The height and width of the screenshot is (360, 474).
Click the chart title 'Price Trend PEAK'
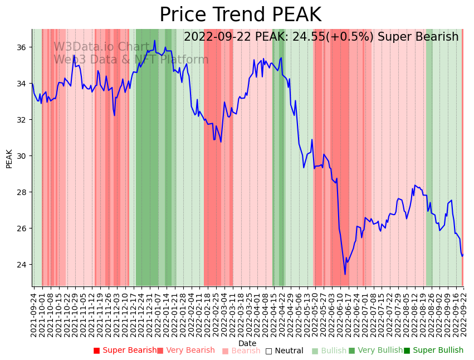(240, 15)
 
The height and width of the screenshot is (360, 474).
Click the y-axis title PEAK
(9, 158)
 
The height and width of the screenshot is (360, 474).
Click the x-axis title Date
(247, 343)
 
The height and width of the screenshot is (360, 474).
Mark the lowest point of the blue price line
(345, 274)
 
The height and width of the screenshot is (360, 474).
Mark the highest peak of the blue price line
(154, 40)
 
